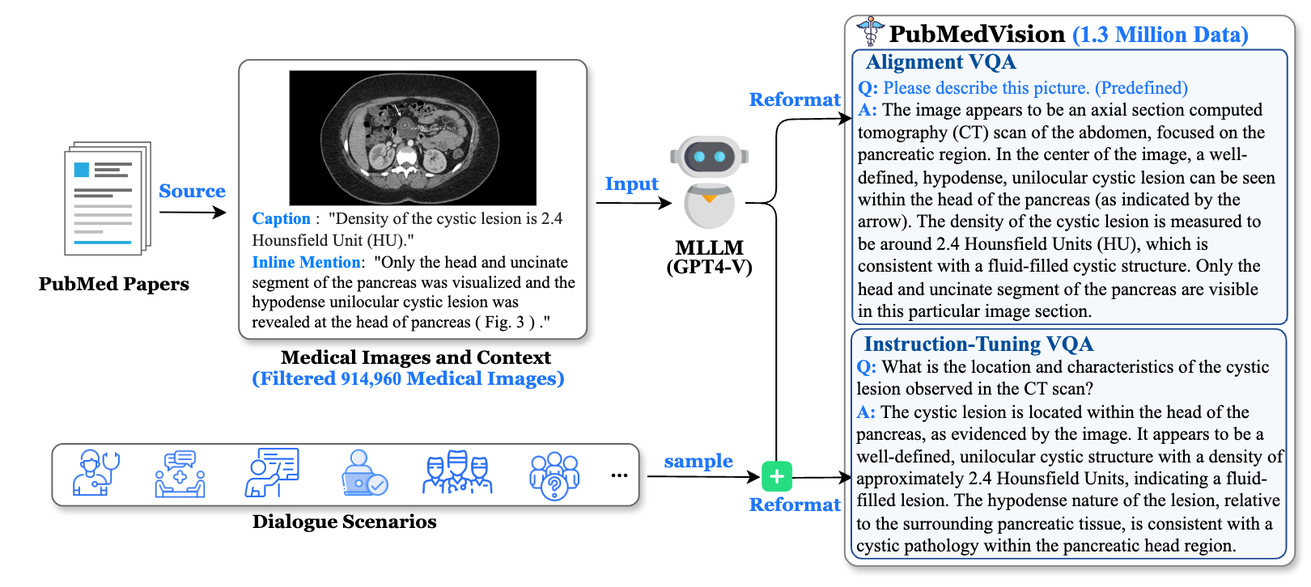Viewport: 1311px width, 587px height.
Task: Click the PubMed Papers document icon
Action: tap(108, 199)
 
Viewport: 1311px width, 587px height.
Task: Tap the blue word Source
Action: tap(192, 191)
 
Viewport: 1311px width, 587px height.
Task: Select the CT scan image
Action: tap(413, 137)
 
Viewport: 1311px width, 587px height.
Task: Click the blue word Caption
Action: tap(281, 218)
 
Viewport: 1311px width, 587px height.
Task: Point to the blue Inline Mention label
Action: tap(306, 262)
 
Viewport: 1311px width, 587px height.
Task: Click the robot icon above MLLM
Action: tap(709, 182)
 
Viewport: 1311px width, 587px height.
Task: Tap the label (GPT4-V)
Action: tap(709, 267)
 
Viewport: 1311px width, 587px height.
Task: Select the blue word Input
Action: tap(631, 184)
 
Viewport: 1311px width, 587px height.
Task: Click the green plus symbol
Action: tap(777, 477)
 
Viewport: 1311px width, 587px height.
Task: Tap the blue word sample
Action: tap(698, 461)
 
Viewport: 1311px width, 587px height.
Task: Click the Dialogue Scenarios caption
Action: tap(344, 522)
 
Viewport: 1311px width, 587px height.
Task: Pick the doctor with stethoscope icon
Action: tap(95, 473)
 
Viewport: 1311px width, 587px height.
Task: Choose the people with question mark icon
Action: tap(554, 475)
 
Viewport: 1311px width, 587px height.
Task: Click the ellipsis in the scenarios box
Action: tap(619, 475)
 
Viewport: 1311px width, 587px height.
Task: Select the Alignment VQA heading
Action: tap(940, 62)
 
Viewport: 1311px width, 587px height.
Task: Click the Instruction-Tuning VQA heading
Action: tap(978, 344)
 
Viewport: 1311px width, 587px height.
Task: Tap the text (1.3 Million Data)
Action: tap(1160, 35)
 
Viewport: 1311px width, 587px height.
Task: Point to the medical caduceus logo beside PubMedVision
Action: tap(870, 32)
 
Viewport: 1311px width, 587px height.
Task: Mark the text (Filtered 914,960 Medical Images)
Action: tap(408, 378)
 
